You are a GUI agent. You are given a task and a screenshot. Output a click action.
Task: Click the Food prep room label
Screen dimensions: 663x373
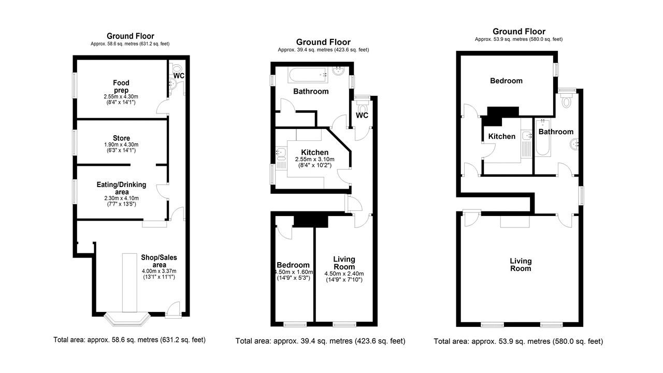click(x=121, y=87)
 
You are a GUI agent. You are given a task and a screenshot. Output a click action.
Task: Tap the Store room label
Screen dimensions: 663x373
click(x=121, y=138)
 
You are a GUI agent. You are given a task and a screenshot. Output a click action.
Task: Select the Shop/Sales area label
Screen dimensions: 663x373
click(x=159, y=261)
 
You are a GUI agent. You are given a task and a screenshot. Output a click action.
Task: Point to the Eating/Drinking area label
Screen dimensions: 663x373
click(x=121, y=188)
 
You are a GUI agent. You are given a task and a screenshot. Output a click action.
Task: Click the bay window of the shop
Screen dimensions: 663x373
click(x=127, y=319)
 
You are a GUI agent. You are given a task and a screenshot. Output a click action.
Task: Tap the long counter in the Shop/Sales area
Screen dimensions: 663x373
click(x=129, y=283)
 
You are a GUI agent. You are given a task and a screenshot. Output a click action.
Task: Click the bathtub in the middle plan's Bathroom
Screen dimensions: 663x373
click(x=308, y=75)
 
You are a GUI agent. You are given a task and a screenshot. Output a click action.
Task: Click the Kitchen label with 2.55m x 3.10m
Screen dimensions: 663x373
click(x=314, y=152)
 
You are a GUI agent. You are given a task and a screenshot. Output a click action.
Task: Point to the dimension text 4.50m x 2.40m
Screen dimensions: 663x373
click(x=344, y=274)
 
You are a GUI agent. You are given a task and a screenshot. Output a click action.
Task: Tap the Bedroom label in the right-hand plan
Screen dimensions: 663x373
click(x=506, y=81)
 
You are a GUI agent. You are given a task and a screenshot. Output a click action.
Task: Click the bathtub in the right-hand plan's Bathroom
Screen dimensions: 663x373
click(x=543, y=138)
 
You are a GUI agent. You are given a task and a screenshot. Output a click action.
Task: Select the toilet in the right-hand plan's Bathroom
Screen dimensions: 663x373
click(x=567, y=100)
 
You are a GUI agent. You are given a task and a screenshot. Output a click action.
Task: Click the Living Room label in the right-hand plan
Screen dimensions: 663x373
click(x=521, y=265)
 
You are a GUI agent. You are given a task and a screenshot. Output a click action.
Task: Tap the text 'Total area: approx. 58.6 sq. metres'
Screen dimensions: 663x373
click(x=106, y=340)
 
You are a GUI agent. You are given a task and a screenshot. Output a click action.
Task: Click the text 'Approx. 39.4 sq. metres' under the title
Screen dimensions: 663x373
click(x=305, y=50)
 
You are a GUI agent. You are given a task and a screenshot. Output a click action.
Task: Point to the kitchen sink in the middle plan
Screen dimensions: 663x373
click(x=281, y=152)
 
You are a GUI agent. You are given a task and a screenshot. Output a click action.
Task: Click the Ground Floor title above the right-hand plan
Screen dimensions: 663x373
click(x=519, y=32)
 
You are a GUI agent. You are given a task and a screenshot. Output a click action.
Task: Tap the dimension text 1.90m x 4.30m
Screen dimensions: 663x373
click(x=121, y=145)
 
